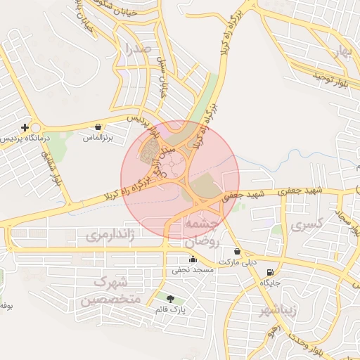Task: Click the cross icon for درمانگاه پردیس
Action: click(25, 127)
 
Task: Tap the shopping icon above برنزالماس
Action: click(98, 127)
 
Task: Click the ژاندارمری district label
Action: click(110, 234)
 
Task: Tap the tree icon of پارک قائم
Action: click(169, 300)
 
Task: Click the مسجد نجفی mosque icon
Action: click(193, 259)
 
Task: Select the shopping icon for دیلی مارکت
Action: click(237, 252)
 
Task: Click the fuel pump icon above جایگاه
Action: click(271, 273)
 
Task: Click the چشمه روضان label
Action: click(203, 231)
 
